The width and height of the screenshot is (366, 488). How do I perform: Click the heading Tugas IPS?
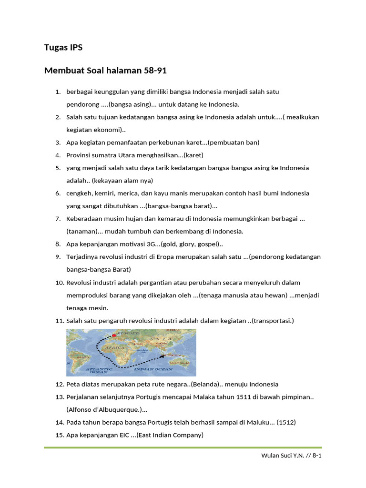tap(63, 47)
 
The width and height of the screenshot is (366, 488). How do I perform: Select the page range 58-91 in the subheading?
tap(155, 71)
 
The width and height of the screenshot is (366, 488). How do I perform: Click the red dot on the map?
tap(114, 335)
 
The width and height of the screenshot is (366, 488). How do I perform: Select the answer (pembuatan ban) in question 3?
tap(234, 142)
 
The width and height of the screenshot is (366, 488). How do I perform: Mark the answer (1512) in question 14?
tap(287, 422)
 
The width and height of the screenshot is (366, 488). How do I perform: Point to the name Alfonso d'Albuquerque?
tap(104, 409)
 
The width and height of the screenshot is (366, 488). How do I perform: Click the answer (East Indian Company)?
tap(170, 435)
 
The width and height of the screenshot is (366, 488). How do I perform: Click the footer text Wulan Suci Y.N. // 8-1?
tap(291, 456)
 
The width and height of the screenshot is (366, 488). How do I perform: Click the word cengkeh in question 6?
tap(79, 193)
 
